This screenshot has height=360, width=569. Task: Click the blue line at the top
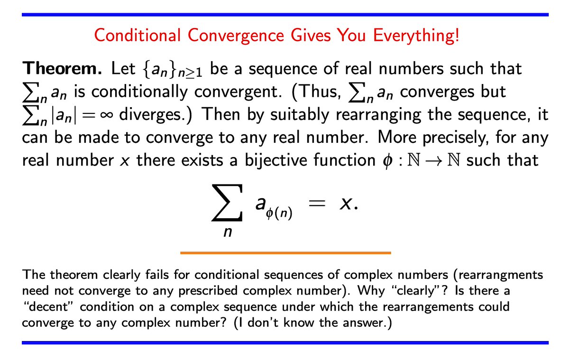tap(284, 16)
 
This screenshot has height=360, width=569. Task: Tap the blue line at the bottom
tap(284, 342)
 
